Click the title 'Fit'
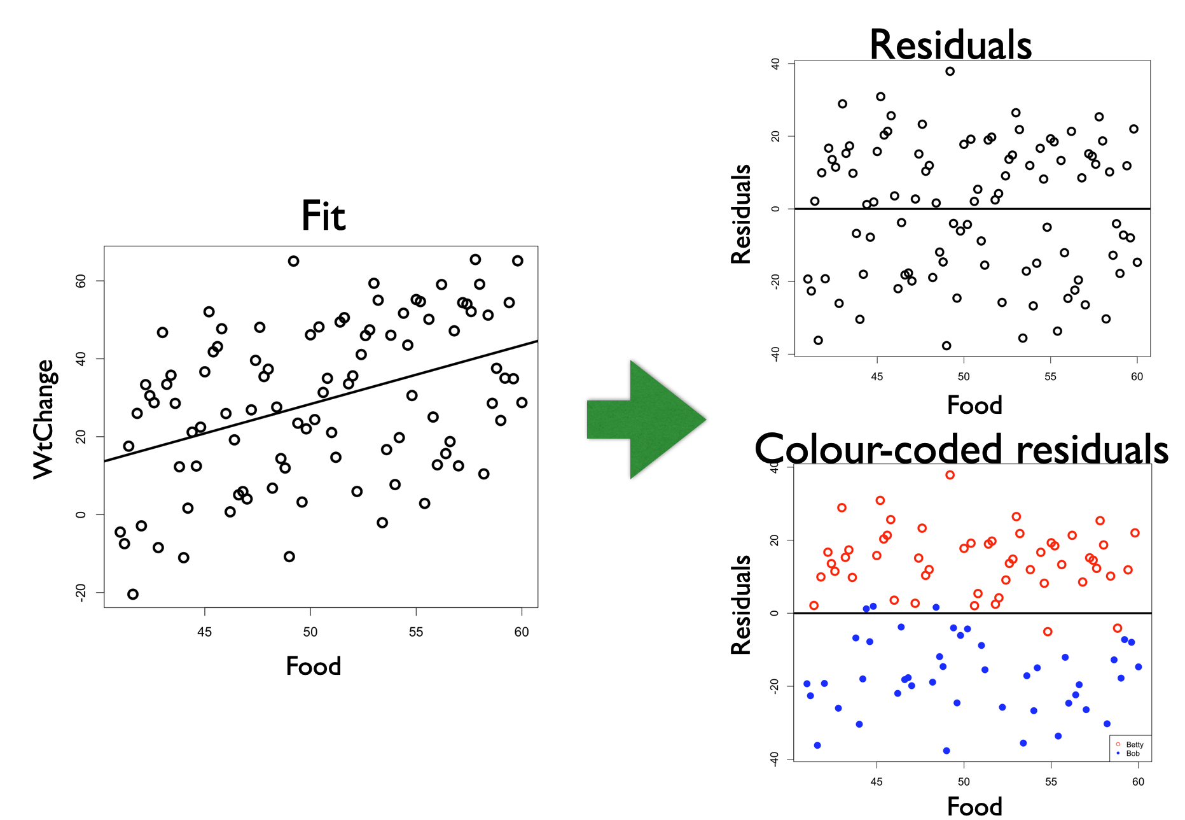coord(323,216)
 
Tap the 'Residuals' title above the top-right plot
coord(950,45)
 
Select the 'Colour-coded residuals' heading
coord(960,449)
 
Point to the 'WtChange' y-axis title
coord(45,419)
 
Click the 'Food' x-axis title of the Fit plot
coord(314,667)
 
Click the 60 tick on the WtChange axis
coord(81,281)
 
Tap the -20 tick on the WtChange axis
coord(81,592)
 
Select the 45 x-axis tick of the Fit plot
coord(204,632)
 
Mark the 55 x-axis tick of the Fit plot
coord(415,632)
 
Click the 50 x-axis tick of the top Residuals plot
coord(964,376)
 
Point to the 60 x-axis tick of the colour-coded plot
coord(1138,781)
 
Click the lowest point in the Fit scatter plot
coord(133,594)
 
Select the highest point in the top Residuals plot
coord(950,71)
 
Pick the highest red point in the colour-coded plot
coord(950,475)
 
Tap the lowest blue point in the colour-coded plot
coord(946,751)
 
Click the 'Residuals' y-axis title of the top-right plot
coord(742,214)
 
